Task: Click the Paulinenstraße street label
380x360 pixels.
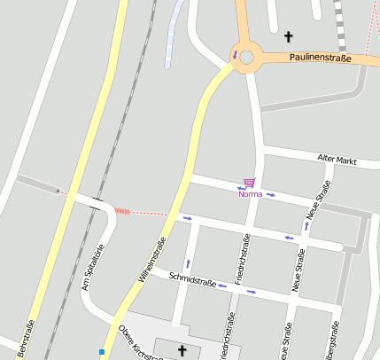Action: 320,59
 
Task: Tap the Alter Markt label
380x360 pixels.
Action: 337,160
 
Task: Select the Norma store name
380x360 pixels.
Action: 251,193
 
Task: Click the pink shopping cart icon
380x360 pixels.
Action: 249,183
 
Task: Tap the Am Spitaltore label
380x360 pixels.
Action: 93,267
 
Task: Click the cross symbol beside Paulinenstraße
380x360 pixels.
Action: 287,37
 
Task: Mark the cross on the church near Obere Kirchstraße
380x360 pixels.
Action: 182,350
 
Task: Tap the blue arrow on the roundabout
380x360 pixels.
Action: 235,55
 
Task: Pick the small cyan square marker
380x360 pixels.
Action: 103,352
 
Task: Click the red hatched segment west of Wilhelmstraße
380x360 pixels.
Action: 122,211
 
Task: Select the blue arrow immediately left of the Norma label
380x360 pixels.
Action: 240,187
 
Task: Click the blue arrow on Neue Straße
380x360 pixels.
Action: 306,225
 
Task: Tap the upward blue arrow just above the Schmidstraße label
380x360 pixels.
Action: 188,263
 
